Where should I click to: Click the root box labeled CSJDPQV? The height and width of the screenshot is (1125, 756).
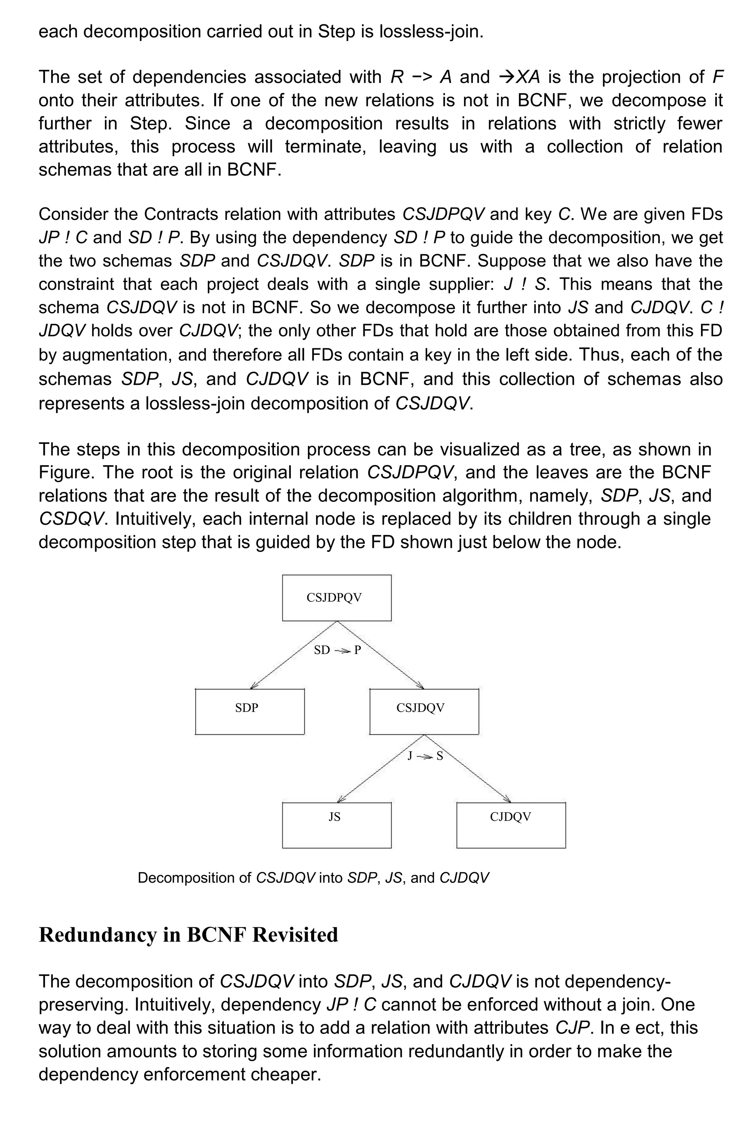click(x=337, y=597)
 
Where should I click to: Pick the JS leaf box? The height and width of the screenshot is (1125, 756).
click(x=337, y=825)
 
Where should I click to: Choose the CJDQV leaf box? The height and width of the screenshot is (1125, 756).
click(x=511, y=825)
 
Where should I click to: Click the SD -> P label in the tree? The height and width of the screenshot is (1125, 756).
click(x=337, y=650)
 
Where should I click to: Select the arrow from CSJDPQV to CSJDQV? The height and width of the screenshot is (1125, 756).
click(x=381, y=654)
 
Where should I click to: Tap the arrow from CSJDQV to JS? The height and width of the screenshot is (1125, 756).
click(x=381, y=768)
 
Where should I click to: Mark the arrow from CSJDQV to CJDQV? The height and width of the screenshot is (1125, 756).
click(x=468, y=768)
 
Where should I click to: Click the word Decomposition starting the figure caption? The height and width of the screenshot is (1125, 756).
click(x=194, y=878)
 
